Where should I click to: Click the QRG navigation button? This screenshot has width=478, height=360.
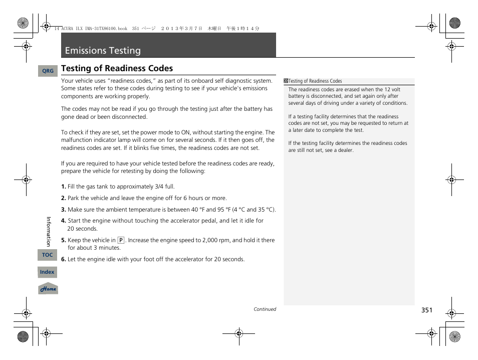[48, 71]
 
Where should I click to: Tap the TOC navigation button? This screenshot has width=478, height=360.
[47, 255]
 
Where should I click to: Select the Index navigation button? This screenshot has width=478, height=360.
[47, 272]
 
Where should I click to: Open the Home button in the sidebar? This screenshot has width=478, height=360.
[48, 289]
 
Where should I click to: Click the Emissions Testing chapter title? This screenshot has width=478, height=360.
[103, 51]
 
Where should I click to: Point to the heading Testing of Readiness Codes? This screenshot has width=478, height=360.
[117, 68]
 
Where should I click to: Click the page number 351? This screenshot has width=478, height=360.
[426, 310]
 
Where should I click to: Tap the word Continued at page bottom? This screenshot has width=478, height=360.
[265, 309]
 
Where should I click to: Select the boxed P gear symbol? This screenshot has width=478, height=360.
[121, 240]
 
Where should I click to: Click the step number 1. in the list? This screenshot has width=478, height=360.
[64, 187]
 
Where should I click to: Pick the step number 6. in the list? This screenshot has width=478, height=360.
[64, 259]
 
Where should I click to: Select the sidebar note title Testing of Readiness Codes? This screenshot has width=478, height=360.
[315, 81]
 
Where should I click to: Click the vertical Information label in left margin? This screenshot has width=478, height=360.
[49, 231]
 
